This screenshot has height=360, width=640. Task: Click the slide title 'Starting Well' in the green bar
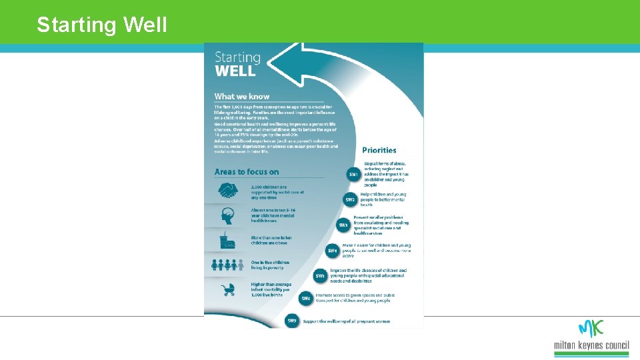[x=102, y=25]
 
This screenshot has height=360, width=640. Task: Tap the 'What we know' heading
[x=242, y=97]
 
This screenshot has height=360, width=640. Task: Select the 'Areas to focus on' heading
[x=247, y=172]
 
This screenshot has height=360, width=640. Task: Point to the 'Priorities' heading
[x=379, y=150]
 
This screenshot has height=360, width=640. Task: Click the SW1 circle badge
[x=353, y=175]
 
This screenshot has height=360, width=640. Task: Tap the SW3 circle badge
[x=343, y=225]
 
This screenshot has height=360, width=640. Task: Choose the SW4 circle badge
[x=333, y=251]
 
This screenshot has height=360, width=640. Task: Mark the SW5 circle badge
[x=320, y=275]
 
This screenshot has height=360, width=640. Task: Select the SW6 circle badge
[x=306, y=298]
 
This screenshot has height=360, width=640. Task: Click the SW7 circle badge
[x=292, y=321]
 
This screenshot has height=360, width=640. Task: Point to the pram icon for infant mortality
[x=228, y=289]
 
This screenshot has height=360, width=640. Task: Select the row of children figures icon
[x=228, y=265]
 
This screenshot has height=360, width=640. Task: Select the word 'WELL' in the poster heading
[x=235, y=70]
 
